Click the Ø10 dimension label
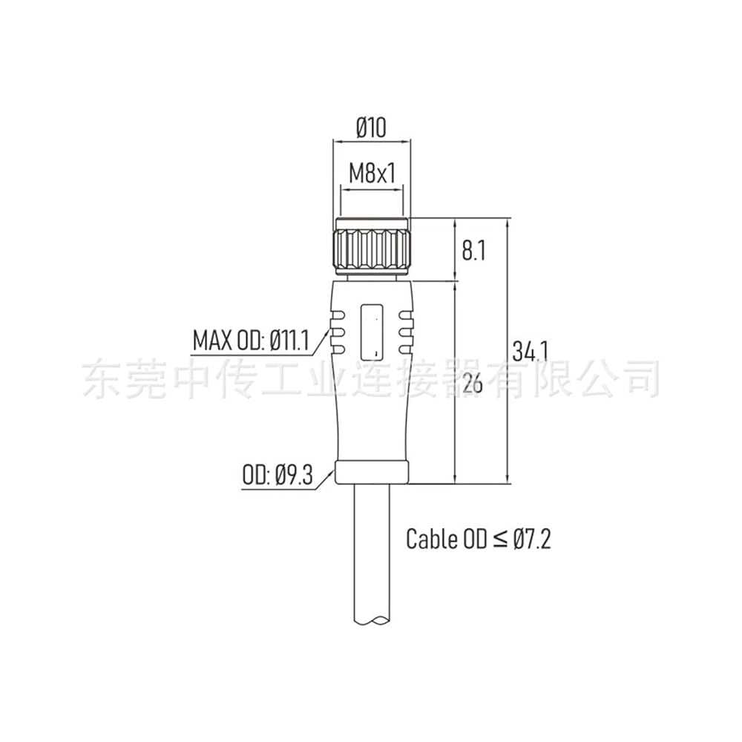[372, 128]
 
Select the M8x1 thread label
[372, 173]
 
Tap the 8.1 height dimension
[473, 250]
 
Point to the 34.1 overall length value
[530, 351]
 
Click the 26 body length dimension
[473, 383]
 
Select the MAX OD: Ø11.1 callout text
[251, 340]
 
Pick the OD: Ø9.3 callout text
[278, 475]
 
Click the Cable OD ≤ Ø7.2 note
[479, 539]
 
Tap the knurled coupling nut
[372, 246]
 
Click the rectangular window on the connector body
[372, 332]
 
